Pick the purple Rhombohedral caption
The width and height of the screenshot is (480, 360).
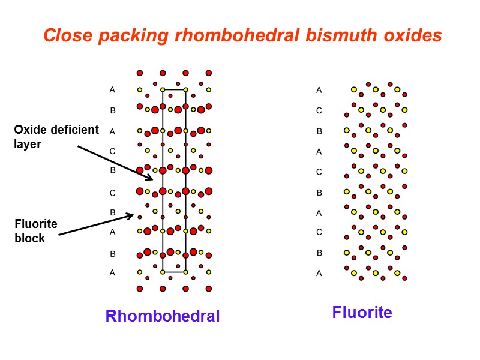(x=163, y=316)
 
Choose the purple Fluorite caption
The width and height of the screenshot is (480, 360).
(x=362, y=312)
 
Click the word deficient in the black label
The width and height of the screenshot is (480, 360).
(x=73, y=130)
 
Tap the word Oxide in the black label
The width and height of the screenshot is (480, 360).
(x=29, y=130)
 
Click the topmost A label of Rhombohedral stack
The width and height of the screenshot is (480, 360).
(x=112, y=90)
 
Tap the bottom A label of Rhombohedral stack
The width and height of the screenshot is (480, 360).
(x=112, y=272)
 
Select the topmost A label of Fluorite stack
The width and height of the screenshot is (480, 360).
(x=319, y=90)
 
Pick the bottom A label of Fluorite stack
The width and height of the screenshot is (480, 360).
(x=319, y=273)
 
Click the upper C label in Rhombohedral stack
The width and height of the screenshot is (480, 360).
(x=112, y=151)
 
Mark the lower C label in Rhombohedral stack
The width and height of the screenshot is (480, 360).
(x=112, y=193)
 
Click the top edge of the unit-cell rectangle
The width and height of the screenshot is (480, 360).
(x=174, y=90)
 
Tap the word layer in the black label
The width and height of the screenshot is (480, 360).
(x=28, y=145)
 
